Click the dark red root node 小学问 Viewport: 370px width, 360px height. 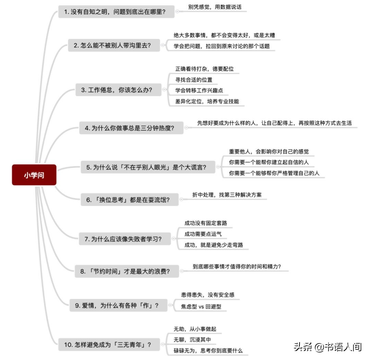[34, 175]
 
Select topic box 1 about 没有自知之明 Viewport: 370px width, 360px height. [116, 12]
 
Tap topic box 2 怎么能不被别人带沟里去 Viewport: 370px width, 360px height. [114, 45]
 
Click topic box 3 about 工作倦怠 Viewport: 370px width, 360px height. [118, 90]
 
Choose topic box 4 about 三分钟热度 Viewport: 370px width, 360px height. [131, 128]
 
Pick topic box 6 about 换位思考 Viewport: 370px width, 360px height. [129, 200]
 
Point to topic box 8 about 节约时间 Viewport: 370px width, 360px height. [127, 271]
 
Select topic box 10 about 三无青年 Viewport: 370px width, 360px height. [109, 345]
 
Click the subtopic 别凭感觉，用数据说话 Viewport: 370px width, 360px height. [215, 7]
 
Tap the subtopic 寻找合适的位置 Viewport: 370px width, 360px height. [194, 80]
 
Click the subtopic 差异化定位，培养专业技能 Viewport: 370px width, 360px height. [207, 101]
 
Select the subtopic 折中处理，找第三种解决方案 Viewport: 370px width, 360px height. [227, 195]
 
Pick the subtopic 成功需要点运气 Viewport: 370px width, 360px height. [203, 234]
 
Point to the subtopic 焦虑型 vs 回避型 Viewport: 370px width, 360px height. [201, 307]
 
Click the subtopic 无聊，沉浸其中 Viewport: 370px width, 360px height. [192, 339]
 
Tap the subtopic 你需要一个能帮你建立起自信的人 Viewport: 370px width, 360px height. [269, 162]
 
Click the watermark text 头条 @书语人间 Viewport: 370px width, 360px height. [328, 347]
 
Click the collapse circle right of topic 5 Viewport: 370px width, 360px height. [218, 167]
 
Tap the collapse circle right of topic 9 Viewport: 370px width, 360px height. [170, 305]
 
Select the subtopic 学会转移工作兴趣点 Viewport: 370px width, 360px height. [199, 90]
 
